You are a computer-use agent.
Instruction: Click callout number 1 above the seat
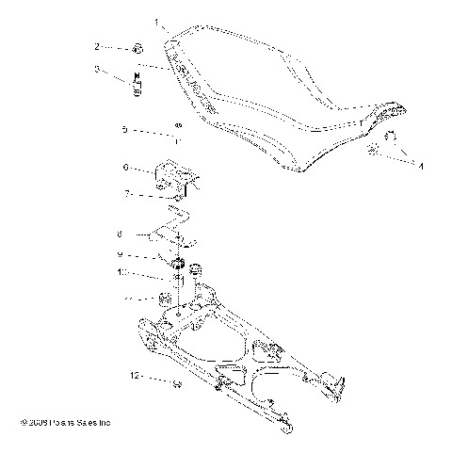tap(157, 20)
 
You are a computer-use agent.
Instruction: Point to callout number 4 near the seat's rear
tap(420, 166)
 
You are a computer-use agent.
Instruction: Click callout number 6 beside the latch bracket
tap(124, 168)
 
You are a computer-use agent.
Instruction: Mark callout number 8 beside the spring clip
tap(120, 234)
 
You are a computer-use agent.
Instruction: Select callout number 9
tap(120, 255)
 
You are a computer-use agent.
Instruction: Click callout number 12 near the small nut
tap(135, 375)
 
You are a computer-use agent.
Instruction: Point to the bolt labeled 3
tap(137, 83)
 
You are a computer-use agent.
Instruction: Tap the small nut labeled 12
tap(176, 382)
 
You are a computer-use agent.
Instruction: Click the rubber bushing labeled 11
tap(164, 299)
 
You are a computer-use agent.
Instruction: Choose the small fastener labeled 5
tap(176, 127)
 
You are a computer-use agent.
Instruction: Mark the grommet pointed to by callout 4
tap(375, 151)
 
